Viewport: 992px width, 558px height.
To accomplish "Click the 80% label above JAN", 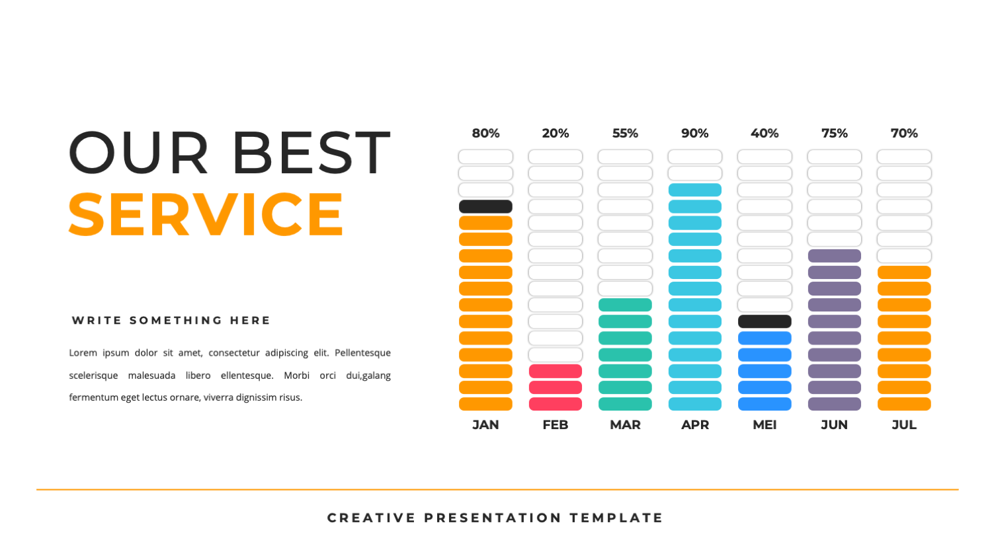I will coord(485,134).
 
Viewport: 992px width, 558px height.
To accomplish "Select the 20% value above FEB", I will coord(556,134).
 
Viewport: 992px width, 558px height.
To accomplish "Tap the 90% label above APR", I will coord(695,134).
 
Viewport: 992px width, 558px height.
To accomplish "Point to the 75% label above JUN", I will coord(835,134).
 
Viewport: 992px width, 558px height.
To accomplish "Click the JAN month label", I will coord(485,425).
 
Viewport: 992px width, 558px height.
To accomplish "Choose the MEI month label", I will coord(765,425).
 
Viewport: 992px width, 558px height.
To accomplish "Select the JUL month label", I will coord(904,425).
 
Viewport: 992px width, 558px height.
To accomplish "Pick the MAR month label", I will coord(625,425).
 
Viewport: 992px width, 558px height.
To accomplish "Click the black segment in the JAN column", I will coord(485,206).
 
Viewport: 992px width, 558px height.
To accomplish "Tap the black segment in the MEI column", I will coord(765,321).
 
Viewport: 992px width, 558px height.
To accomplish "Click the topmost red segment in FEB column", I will coord(556,371).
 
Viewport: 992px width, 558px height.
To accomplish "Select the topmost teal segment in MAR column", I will coord(625,305).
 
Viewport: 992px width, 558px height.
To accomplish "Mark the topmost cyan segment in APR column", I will coord(695,190).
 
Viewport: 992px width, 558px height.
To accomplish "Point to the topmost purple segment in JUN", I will coord(835,256).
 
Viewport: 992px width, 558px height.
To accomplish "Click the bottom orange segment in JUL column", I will coord(904,404).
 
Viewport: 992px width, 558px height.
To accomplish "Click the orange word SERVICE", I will coord(206,215).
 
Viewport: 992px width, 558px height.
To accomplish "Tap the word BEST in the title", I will coord(311,153).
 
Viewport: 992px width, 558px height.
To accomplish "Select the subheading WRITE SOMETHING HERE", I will coord(171,321).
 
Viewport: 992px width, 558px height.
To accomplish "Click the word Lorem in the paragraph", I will coord(83,353).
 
